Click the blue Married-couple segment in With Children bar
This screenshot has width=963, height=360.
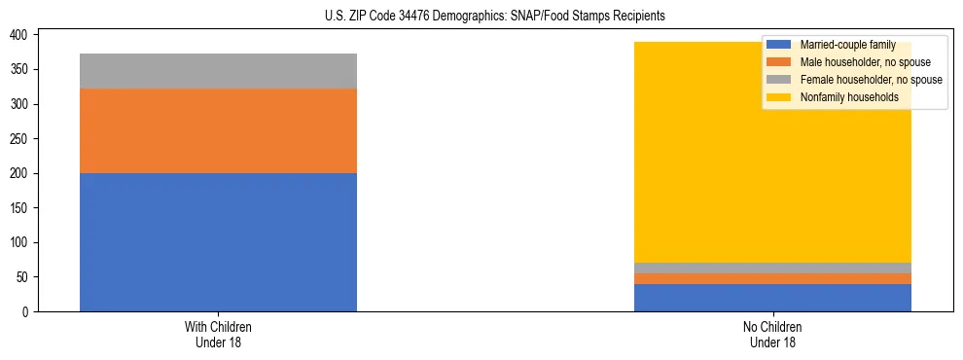218,242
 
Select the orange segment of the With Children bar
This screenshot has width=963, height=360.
218,130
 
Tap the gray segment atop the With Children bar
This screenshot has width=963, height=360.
218,71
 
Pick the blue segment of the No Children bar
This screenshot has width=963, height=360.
772,298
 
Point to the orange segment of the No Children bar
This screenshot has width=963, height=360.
772,279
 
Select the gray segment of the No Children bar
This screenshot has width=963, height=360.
772,268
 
